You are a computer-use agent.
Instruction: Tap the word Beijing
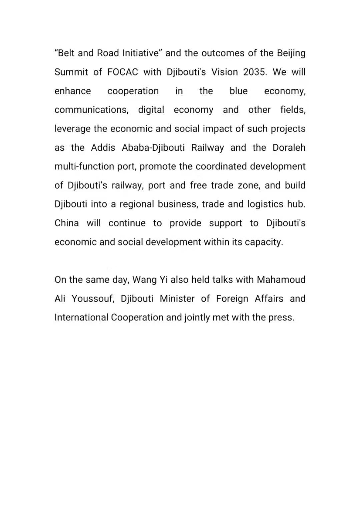(x=291, y=53)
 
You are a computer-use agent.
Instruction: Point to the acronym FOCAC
(x=123, y=72)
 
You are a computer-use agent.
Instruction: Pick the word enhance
(x=73, y=91)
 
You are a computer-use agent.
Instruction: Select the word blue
(x=238, y=91)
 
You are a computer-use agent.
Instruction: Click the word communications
(x=91, y=110)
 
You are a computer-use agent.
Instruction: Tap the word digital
(x=151, y=110)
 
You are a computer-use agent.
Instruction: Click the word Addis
(x=103, y=148)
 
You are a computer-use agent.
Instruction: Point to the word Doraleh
(x=289, y=148)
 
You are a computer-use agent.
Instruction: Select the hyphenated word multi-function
(x=84, y=166)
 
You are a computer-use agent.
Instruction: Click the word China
(x=67, y=223)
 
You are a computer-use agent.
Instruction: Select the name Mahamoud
(x=281, y=280)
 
